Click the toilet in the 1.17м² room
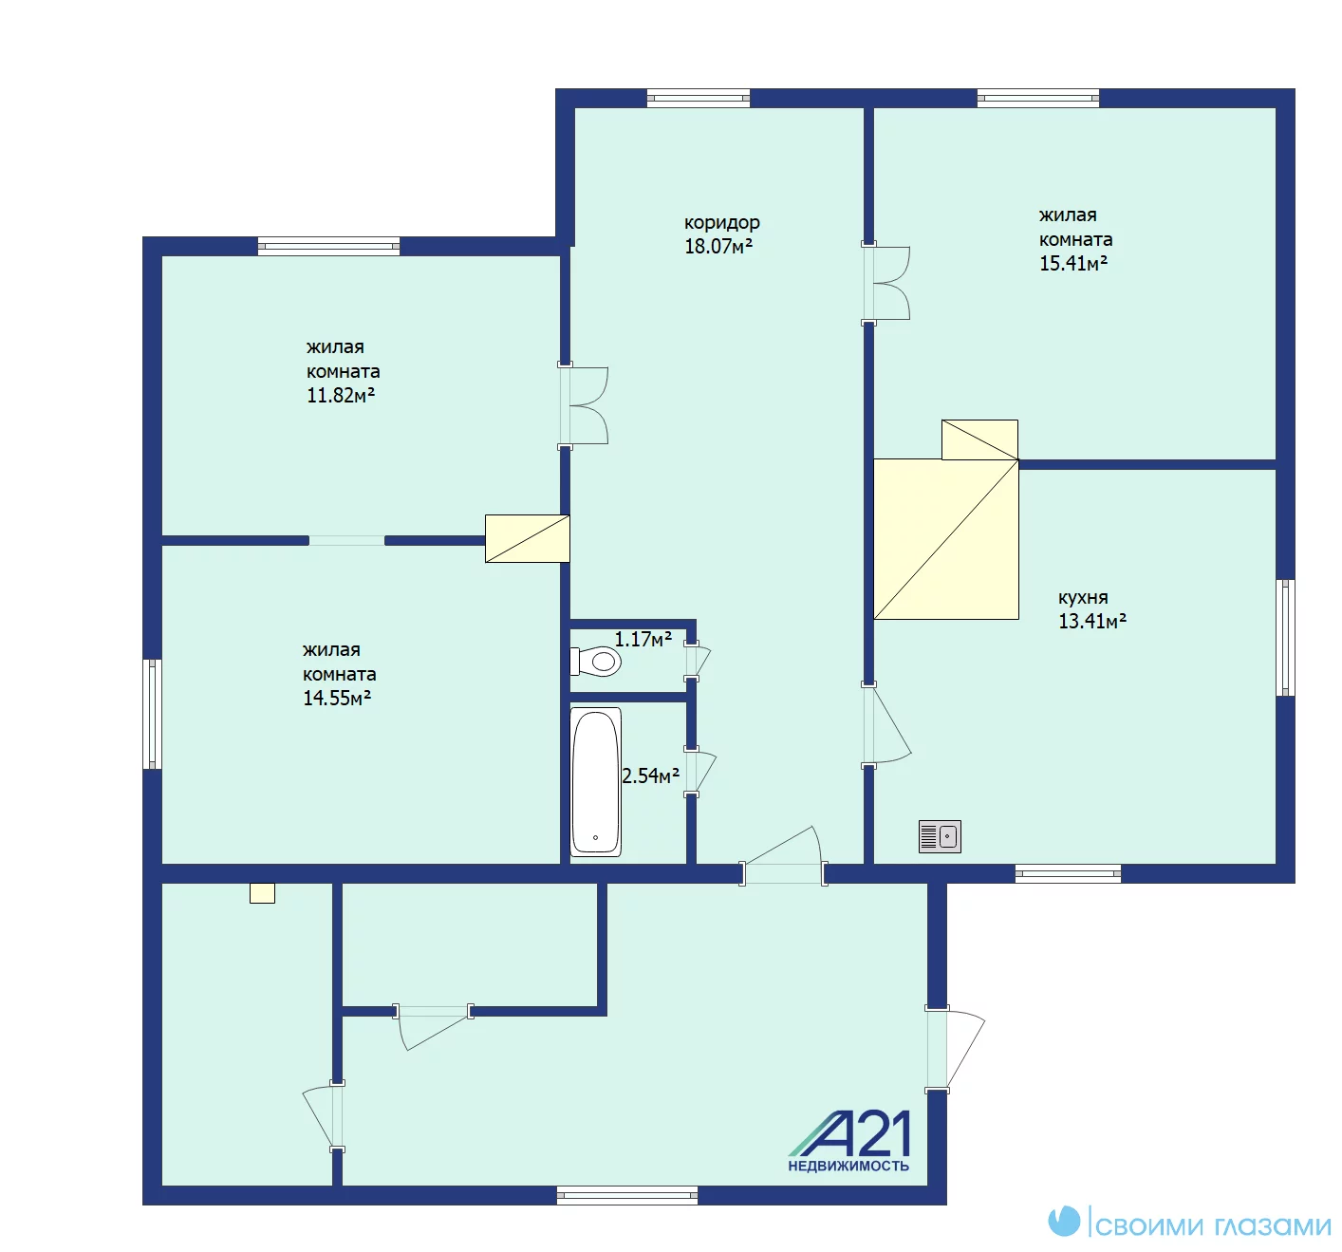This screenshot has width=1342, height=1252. (595, 662)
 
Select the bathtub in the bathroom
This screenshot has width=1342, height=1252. (595, 782)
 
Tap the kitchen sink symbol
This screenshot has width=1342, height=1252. (940, 837)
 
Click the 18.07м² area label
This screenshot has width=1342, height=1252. (718, 246)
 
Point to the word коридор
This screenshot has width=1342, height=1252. (721, 223)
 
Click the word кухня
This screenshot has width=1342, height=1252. (1083, 598)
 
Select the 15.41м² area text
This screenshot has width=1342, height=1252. (1073, 263)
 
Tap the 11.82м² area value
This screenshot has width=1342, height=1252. (341, 395)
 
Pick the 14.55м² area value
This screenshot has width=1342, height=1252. (337, 698)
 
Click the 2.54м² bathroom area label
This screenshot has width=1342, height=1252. (650, 776)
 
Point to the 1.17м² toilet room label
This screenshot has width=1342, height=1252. (643, 639)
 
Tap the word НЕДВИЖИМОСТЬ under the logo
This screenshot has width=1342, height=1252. (848, 1167)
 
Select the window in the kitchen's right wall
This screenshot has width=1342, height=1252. (1285, 638)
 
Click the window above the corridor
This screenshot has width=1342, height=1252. (698, 98)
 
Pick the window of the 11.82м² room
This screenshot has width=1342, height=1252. (328, 246)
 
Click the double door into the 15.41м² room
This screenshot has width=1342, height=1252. (885, 283)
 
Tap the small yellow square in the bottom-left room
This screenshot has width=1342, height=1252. (262, 893)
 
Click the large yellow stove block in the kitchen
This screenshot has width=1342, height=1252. (945, 539)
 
